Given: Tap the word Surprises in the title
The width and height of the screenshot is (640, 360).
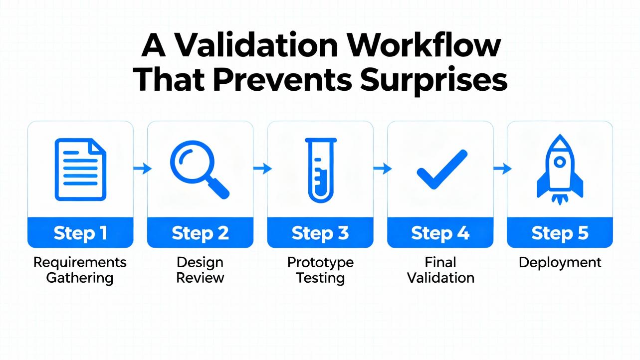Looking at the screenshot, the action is tap(433, 81).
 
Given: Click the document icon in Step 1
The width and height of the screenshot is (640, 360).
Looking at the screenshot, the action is tap(81, 170).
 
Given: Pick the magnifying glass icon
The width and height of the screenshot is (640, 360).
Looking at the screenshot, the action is tap(200, 170).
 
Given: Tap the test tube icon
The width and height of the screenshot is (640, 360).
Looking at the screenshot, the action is tap(321, 170).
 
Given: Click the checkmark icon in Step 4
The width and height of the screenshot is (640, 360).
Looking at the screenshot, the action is tap(442, 170).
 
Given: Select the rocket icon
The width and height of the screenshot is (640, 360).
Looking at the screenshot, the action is tap(560, 170).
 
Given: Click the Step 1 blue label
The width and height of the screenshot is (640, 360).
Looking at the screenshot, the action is tap(81, 232).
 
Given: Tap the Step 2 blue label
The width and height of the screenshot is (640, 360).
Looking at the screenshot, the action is tap(201, 232).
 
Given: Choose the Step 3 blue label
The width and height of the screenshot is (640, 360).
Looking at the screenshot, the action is tap(320, 232).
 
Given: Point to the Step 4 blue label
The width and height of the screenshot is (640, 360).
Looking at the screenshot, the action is tap(440, 232).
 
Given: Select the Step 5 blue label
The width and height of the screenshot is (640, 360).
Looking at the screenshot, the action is tap(560, 232).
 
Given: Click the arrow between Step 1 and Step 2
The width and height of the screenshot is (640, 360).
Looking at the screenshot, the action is tap(142, 168).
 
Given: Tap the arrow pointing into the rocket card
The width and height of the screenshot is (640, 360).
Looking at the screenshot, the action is tap(502, 168).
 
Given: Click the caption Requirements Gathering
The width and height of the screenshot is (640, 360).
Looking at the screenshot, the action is tap(80, 270).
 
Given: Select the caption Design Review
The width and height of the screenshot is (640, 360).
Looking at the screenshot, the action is tap(200, 270).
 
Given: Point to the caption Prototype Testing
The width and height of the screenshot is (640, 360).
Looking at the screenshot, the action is tap(320, 270).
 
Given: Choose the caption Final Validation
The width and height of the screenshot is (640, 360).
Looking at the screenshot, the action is tap(440, 270).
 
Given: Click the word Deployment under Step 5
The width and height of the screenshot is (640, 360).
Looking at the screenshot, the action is tap(560, 263).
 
